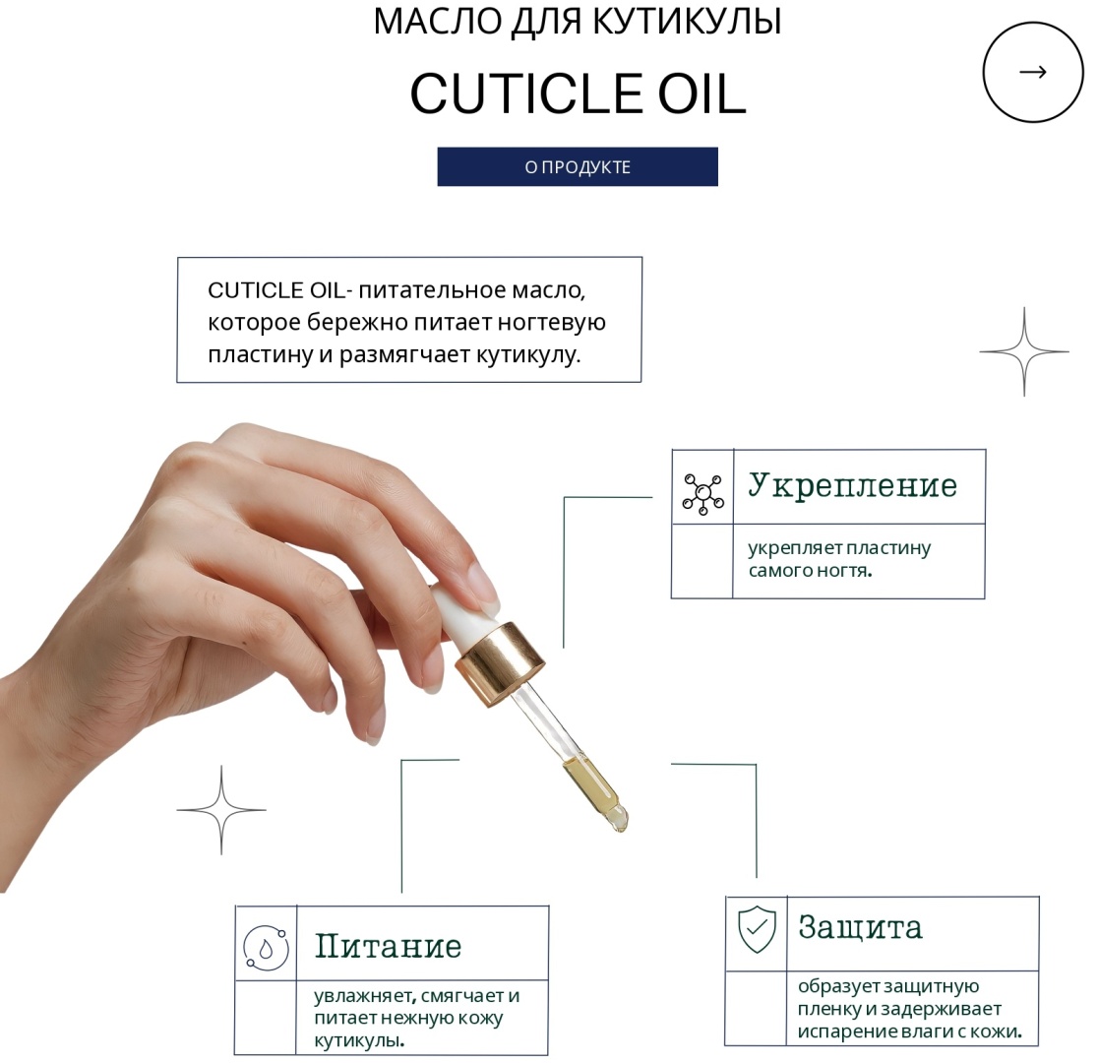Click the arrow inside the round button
tap(1033, 72)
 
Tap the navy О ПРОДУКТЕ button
tap(578, 166)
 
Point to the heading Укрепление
tap(852, 485)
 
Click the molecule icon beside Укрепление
tap(703, 494)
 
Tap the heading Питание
tap(388, 946)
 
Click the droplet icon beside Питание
tap(266, 948)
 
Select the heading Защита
tap(860, 926)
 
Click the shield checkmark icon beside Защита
tap(757, 928)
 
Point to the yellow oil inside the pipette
tap(589, 782)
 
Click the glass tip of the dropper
tap(618, 818)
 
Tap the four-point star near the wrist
tap(221, 810)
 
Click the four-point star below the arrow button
tap(1024, 351)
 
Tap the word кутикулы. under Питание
tap(359, 1040)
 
